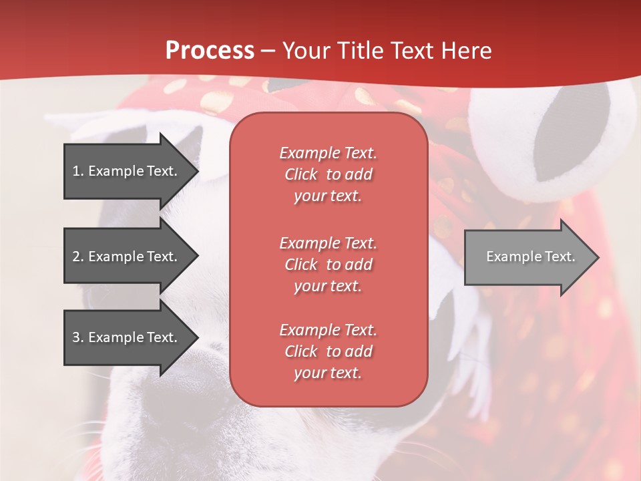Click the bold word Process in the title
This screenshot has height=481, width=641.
(210, 51)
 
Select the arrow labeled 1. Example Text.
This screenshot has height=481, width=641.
(127, 171)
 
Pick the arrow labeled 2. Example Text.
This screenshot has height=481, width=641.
(127, 257)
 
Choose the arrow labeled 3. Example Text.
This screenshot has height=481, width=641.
(127, 337)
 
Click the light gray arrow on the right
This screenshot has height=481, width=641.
(527, 257)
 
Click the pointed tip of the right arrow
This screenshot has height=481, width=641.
(596, 257)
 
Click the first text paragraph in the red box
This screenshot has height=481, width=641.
(328, 174)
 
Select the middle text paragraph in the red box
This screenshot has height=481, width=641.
(328, 265)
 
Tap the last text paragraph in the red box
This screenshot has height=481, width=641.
(328, 351)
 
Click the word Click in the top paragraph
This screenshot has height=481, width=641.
(301, 174)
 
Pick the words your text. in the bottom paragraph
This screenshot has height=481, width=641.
(328, 373)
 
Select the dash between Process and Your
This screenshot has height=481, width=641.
(268, 51)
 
